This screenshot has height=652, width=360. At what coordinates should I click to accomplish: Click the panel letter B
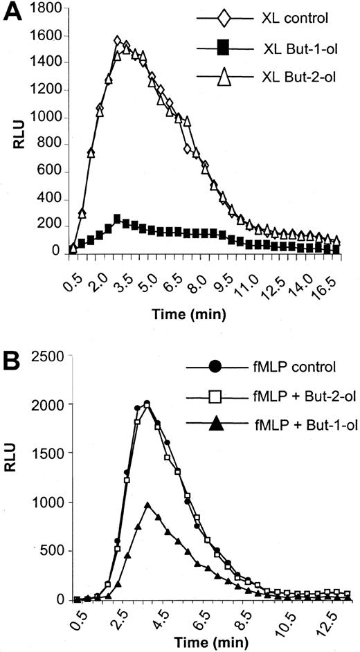pyautogui.click(x=10, y=362)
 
